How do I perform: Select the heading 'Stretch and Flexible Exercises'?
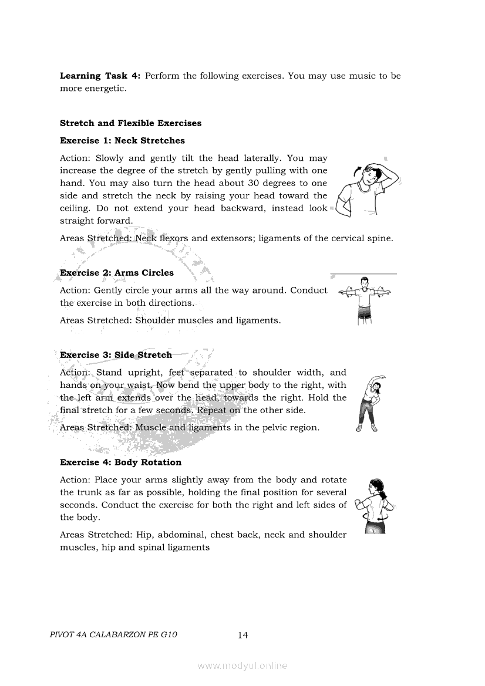point(130,123)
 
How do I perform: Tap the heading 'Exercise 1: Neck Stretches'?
point(122,141)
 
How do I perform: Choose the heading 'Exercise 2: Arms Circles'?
point(117,273)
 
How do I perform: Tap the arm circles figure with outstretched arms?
point(365,300)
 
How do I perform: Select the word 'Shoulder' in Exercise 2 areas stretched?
point(155,320)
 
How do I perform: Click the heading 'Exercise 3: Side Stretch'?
point(116,355)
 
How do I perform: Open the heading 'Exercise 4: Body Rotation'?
point(120,462)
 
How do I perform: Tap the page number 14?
point(243,635)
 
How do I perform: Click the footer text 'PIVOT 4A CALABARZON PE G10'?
point(114,635)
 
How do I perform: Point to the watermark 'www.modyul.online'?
point(242,666)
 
